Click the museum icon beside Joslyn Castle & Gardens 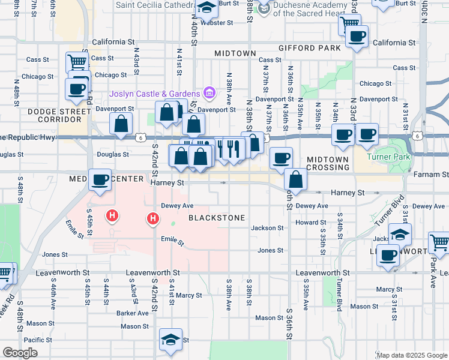point(209,93)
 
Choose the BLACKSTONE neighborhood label point(217,218)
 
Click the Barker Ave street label point(133,313)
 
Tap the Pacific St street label point(38,340)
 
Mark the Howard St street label point(310,222)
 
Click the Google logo point(21,353)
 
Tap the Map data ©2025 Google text point(411,355)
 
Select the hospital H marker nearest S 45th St point(111,215)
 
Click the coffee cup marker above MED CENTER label point(100,179)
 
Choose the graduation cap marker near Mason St point(171,340)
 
